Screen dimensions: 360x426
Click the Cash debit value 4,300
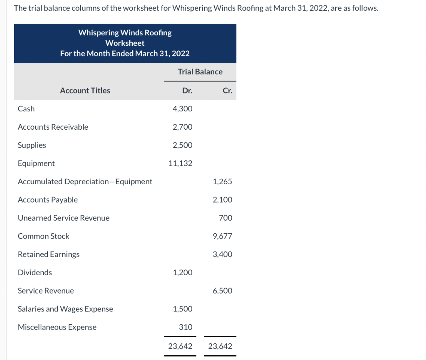[x=183, y=109]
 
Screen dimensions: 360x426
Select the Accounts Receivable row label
[x=53, y=127]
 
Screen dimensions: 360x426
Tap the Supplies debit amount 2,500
[x=183, y=145]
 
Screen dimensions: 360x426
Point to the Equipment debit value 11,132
[x=181, y=163]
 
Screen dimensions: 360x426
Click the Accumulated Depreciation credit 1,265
[x=223, y=182]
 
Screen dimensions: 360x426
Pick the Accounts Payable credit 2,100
[x=223, y=200]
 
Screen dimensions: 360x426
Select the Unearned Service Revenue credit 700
[x=225, y=218]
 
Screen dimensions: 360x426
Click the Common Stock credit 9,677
[x=223, y=236]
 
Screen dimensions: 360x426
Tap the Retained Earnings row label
[x=49, y=254]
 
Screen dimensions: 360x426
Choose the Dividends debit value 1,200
[x=183, y=273]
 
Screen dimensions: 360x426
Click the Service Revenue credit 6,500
[x=223, y=291]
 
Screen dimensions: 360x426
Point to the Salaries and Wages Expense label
[x=65, y=309]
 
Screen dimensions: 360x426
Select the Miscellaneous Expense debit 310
[x=186, y=327]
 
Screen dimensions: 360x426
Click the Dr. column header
[x=187, y=91]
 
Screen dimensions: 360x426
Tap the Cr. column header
[x=227, y=91]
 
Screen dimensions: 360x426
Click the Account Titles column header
[x=85, y=91]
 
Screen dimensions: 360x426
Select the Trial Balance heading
[x=200, y=72]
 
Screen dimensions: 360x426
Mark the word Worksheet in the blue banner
[x=125, y=43]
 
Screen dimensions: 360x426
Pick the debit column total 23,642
[x=181, y=346]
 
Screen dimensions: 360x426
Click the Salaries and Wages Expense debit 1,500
[x=183, y=309]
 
